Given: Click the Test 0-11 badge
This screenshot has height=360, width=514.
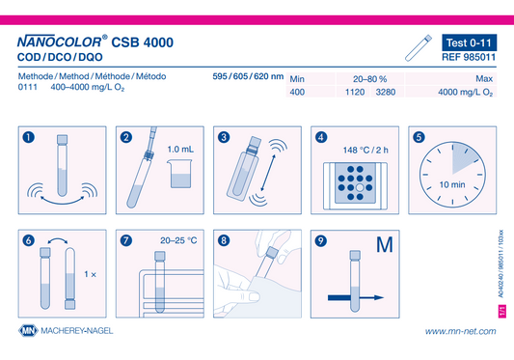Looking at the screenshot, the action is tap(469, 42).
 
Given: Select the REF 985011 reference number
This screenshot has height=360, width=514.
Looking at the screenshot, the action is tap(469, 57).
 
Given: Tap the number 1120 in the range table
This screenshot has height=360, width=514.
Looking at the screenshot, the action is tap(355, 92).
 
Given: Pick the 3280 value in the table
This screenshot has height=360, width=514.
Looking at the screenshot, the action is tap(386, 92).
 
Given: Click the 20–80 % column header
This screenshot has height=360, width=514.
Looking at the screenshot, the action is tap(369, 79).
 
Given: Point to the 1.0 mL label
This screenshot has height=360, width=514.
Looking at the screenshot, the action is tap(180, 150).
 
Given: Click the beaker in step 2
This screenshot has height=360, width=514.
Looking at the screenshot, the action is tap(179, 174).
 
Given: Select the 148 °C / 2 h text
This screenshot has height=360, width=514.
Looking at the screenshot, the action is tap(365, 150).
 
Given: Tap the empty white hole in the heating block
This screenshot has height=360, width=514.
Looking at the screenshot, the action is tap(360, 187).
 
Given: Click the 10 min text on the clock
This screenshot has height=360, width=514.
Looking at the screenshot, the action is tap(452, 184).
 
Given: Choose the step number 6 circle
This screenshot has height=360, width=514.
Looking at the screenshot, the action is tap(29, 240).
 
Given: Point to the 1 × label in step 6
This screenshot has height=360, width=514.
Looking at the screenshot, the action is tap(90, 274).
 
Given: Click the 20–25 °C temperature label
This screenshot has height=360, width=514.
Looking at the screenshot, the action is tap(178, 240).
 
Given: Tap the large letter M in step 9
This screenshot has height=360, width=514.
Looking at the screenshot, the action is tap(385, 244).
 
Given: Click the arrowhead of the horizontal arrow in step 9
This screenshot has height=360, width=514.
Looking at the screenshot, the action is tap(379, 297).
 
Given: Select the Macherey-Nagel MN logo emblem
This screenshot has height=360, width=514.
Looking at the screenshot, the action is tap(28, 330).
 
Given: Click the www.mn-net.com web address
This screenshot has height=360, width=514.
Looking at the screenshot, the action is tap(461, 331).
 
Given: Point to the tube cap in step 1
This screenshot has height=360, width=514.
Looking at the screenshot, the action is tap(62, 139).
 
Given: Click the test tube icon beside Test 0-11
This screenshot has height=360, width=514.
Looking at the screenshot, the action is tap(419, 48).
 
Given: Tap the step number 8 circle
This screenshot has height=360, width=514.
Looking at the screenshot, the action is tap(224, 240).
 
